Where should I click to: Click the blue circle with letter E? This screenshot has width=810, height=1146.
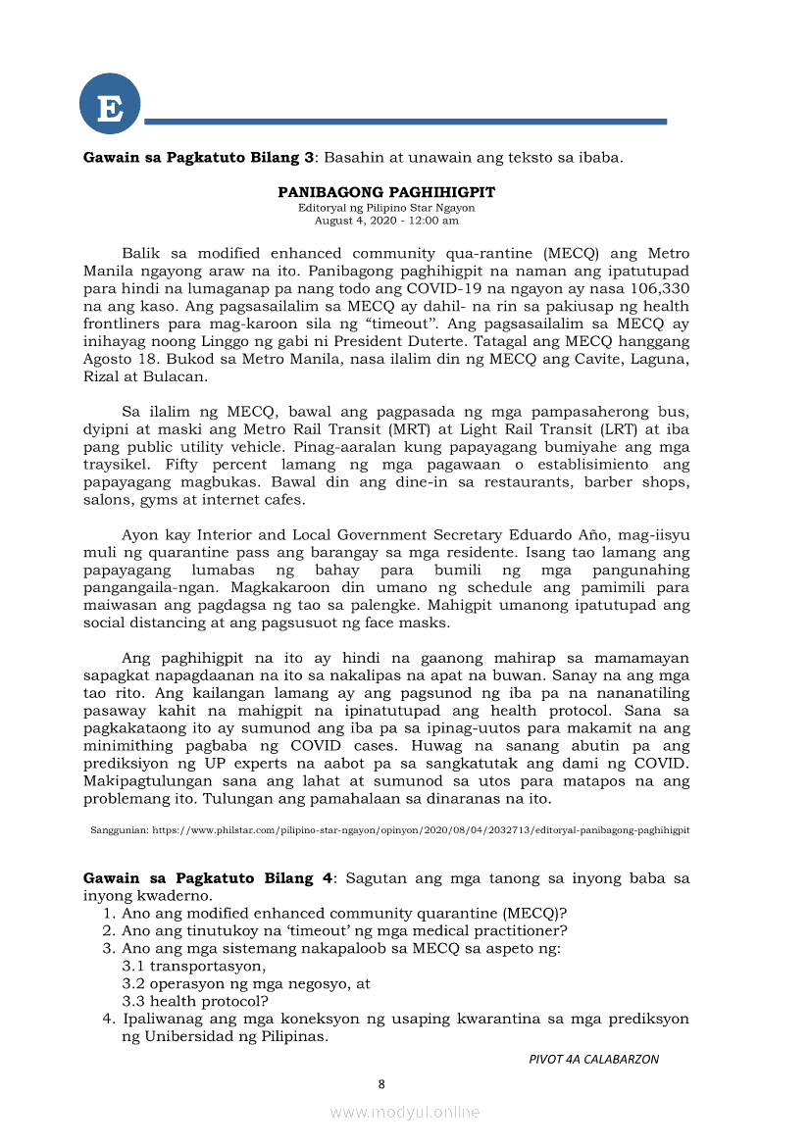(110, 105)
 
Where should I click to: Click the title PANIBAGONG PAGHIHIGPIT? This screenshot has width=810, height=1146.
(386, 192)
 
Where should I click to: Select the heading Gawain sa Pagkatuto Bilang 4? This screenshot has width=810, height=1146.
(209, 877)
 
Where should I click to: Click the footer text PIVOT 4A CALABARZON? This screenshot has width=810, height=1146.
(593, 1059)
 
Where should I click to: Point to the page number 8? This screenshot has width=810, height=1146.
(381, 1083)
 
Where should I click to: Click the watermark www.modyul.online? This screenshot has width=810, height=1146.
(404, 1112)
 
